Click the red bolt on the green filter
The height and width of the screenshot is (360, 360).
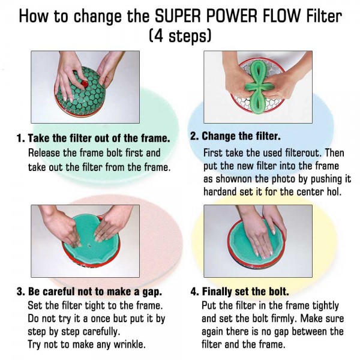(85, 84)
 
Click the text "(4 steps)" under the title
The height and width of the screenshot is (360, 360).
(180, 35)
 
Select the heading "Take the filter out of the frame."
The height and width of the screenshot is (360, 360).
(99, 138)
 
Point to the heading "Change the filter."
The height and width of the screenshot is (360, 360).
(241, 136)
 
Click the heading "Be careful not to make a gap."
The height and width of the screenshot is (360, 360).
(95, 292)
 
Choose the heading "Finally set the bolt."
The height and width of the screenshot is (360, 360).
(245, 292)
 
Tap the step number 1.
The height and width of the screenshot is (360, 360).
(20, 138)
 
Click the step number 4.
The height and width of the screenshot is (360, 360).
(194, 292)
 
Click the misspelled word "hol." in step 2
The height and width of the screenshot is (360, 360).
(334, 191)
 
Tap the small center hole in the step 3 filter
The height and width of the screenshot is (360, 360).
(89, 246)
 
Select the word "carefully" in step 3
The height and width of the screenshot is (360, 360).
(101, 332)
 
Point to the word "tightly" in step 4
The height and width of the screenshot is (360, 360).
(325, 305)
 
